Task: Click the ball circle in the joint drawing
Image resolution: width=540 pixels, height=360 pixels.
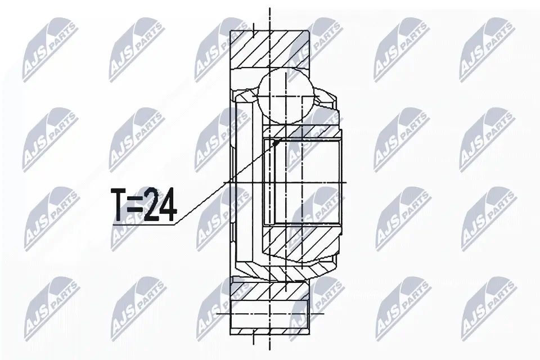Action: pos(286,96)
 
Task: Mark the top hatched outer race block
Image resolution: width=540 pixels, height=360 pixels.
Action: pos(269,49)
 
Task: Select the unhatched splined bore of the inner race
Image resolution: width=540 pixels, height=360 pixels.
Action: pos(303,182)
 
